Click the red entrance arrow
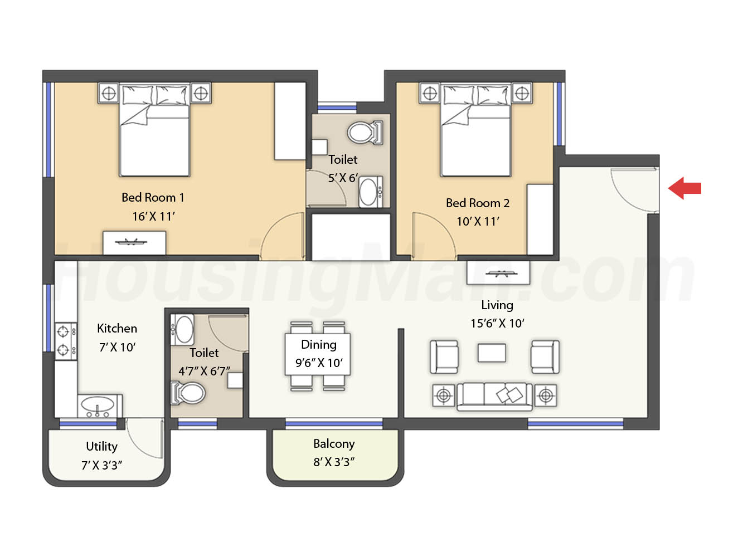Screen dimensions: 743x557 [x=684, y=188]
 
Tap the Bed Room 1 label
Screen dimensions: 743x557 [x=153, y=198]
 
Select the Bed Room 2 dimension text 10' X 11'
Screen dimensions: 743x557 [x=478, y=222]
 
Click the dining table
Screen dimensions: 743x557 [x=318, y=354]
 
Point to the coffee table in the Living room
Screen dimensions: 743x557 [x=492, y=353]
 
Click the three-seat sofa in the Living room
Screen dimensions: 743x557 [x=494, y=397]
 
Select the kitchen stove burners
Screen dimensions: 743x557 [x=66, y=340]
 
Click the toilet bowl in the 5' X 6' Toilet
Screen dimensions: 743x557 [x=365, y=133]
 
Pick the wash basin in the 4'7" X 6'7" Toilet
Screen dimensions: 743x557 [x=182, y=329]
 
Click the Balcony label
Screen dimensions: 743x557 [x=334, y=444]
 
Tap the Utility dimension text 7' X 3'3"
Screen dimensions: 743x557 [x=101, y=465]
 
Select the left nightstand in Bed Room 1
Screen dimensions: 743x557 [x=109, y=93]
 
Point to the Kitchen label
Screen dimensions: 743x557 [x=117, y=329]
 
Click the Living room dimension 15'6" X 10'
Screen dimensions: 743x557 [x=497, y=323]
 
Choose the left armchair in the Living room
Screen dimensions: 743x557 [x=444, y=357]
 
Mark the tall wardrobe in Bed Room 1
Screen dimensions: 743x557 [x=290, y=121]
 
